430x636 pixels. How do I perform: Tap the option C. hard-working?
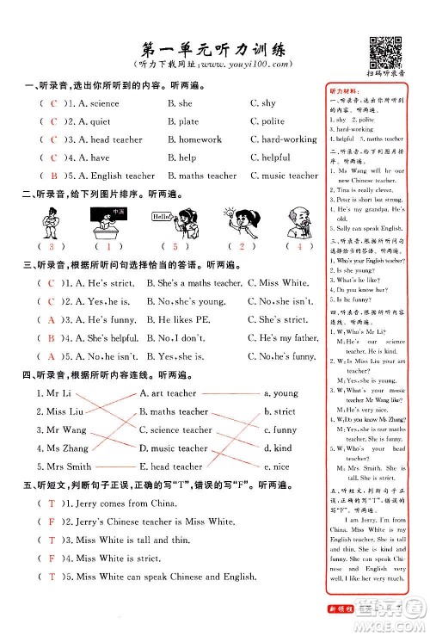[x=283, y=139]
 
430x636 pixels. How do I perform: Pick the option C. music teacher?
[x=284, y=176]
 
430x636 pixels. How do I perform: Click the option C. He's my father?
[x=282, y=338]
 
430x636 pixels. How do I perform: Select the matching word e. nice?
[x=280, y=466]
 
